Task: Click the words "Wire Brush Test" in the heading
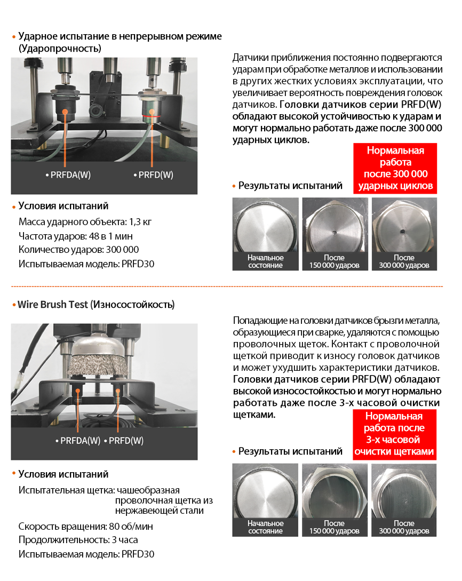[52, 305]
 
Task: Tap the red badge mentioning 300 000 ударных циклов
[395, 168]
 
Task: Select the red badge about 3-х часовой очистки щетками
[394, 434]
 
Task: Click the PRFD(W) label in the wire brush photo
[126, 441]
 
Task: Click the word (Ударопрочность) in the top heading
[60, 49]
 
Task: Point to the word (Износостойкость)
[132, 305]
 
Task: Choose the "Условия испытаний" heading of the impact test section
[63, 206]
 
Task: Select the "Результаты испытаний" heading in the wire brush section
[290, 451]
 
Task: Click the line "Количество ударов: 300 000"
[78, 250]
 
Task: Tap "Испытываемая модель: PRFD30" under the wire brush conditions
[86, 554]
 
